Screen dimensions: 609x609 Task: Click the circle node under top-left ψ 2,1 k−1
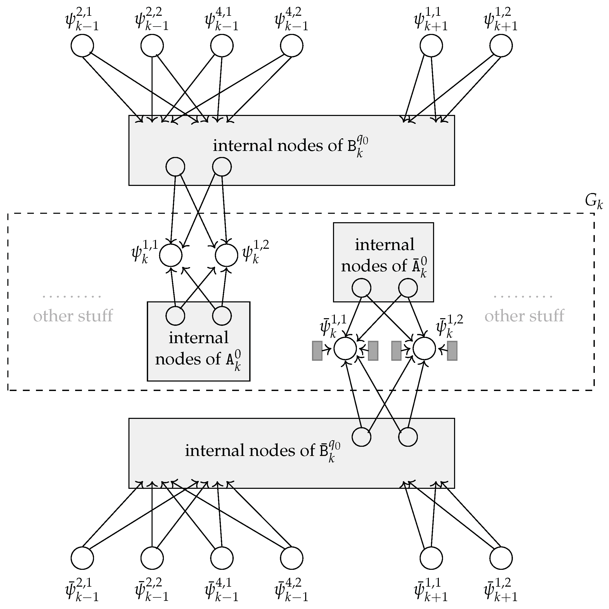pos(82,46)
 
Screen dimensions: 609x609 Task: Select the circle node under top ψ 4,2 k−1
pos(292,46)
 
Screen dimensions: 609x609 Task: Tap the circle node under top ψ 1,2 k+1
pos(501,46)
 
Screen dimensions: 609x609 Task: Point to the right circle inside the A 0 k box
pos(222,316)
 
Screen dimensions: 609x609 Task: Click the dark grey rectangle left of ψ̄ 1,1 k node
pos(317,351)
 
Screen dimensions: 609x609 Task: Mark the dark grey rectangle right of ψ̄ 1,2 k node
pos(452,351)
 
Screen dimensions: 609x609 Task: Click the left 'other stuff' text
pos(73,316)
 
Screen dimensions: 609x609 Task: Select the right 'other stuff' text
pos(524,316)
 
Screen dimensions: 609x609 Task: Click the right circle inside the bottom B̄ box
pos(408,437)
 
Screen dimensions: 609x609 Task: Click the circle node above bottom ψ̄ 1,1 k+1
pos(431,558)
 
